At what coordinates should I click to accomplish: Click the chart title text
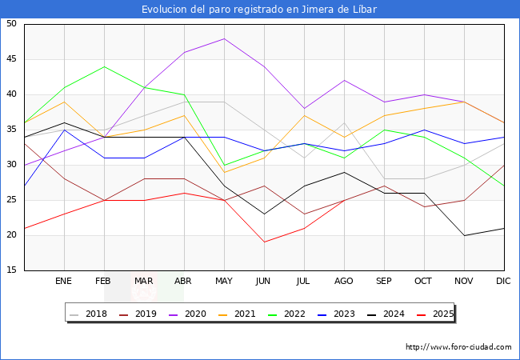pos(259,10)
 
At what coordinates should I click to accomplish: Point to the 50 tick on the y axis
pos(12,24)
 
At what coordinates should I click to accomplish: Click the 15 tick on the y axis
pos(12,270)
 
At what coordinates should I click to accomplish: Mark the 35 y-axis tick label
pos(12,130)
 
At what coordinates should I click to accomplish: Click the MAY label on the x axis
pos(224,282)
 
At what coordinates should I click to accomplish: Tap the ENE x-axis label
pos(64,282)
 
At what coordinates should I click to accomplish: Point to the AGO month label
pos(344,282)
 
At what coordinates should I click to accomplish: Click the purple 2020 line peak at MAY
pos(224,38)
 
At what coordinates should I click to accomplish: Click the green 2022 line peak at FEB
pos(104,66)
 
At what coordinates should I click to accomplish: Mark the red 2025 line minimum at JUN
pos(264,242)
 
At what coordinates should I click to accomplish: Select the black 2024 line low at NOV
pos(464,235)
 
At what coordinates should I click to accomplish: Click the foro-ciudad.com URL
pos(458,347)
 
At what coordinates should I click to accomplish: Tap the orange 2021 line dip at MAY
pos(224,172)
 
